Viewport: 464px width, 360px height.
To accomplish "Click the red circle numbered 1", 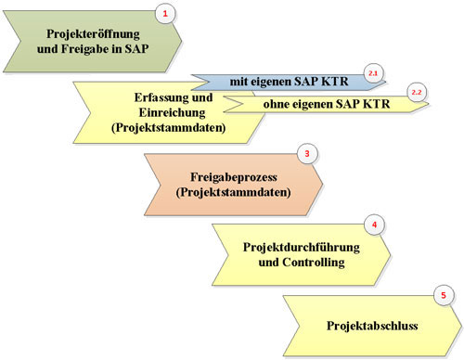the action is pos(166,14).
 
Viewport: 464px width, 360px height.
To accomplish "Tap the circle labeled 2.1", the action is pos(375,71).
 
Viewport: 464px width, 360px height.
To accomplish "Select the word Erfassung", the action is pos(142,97).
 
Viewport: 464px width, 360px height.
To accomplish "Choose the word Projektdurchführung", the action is pos(294,247).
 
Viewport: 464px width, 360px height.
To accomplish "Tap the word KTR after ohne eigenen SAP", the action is pos(388,103).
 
